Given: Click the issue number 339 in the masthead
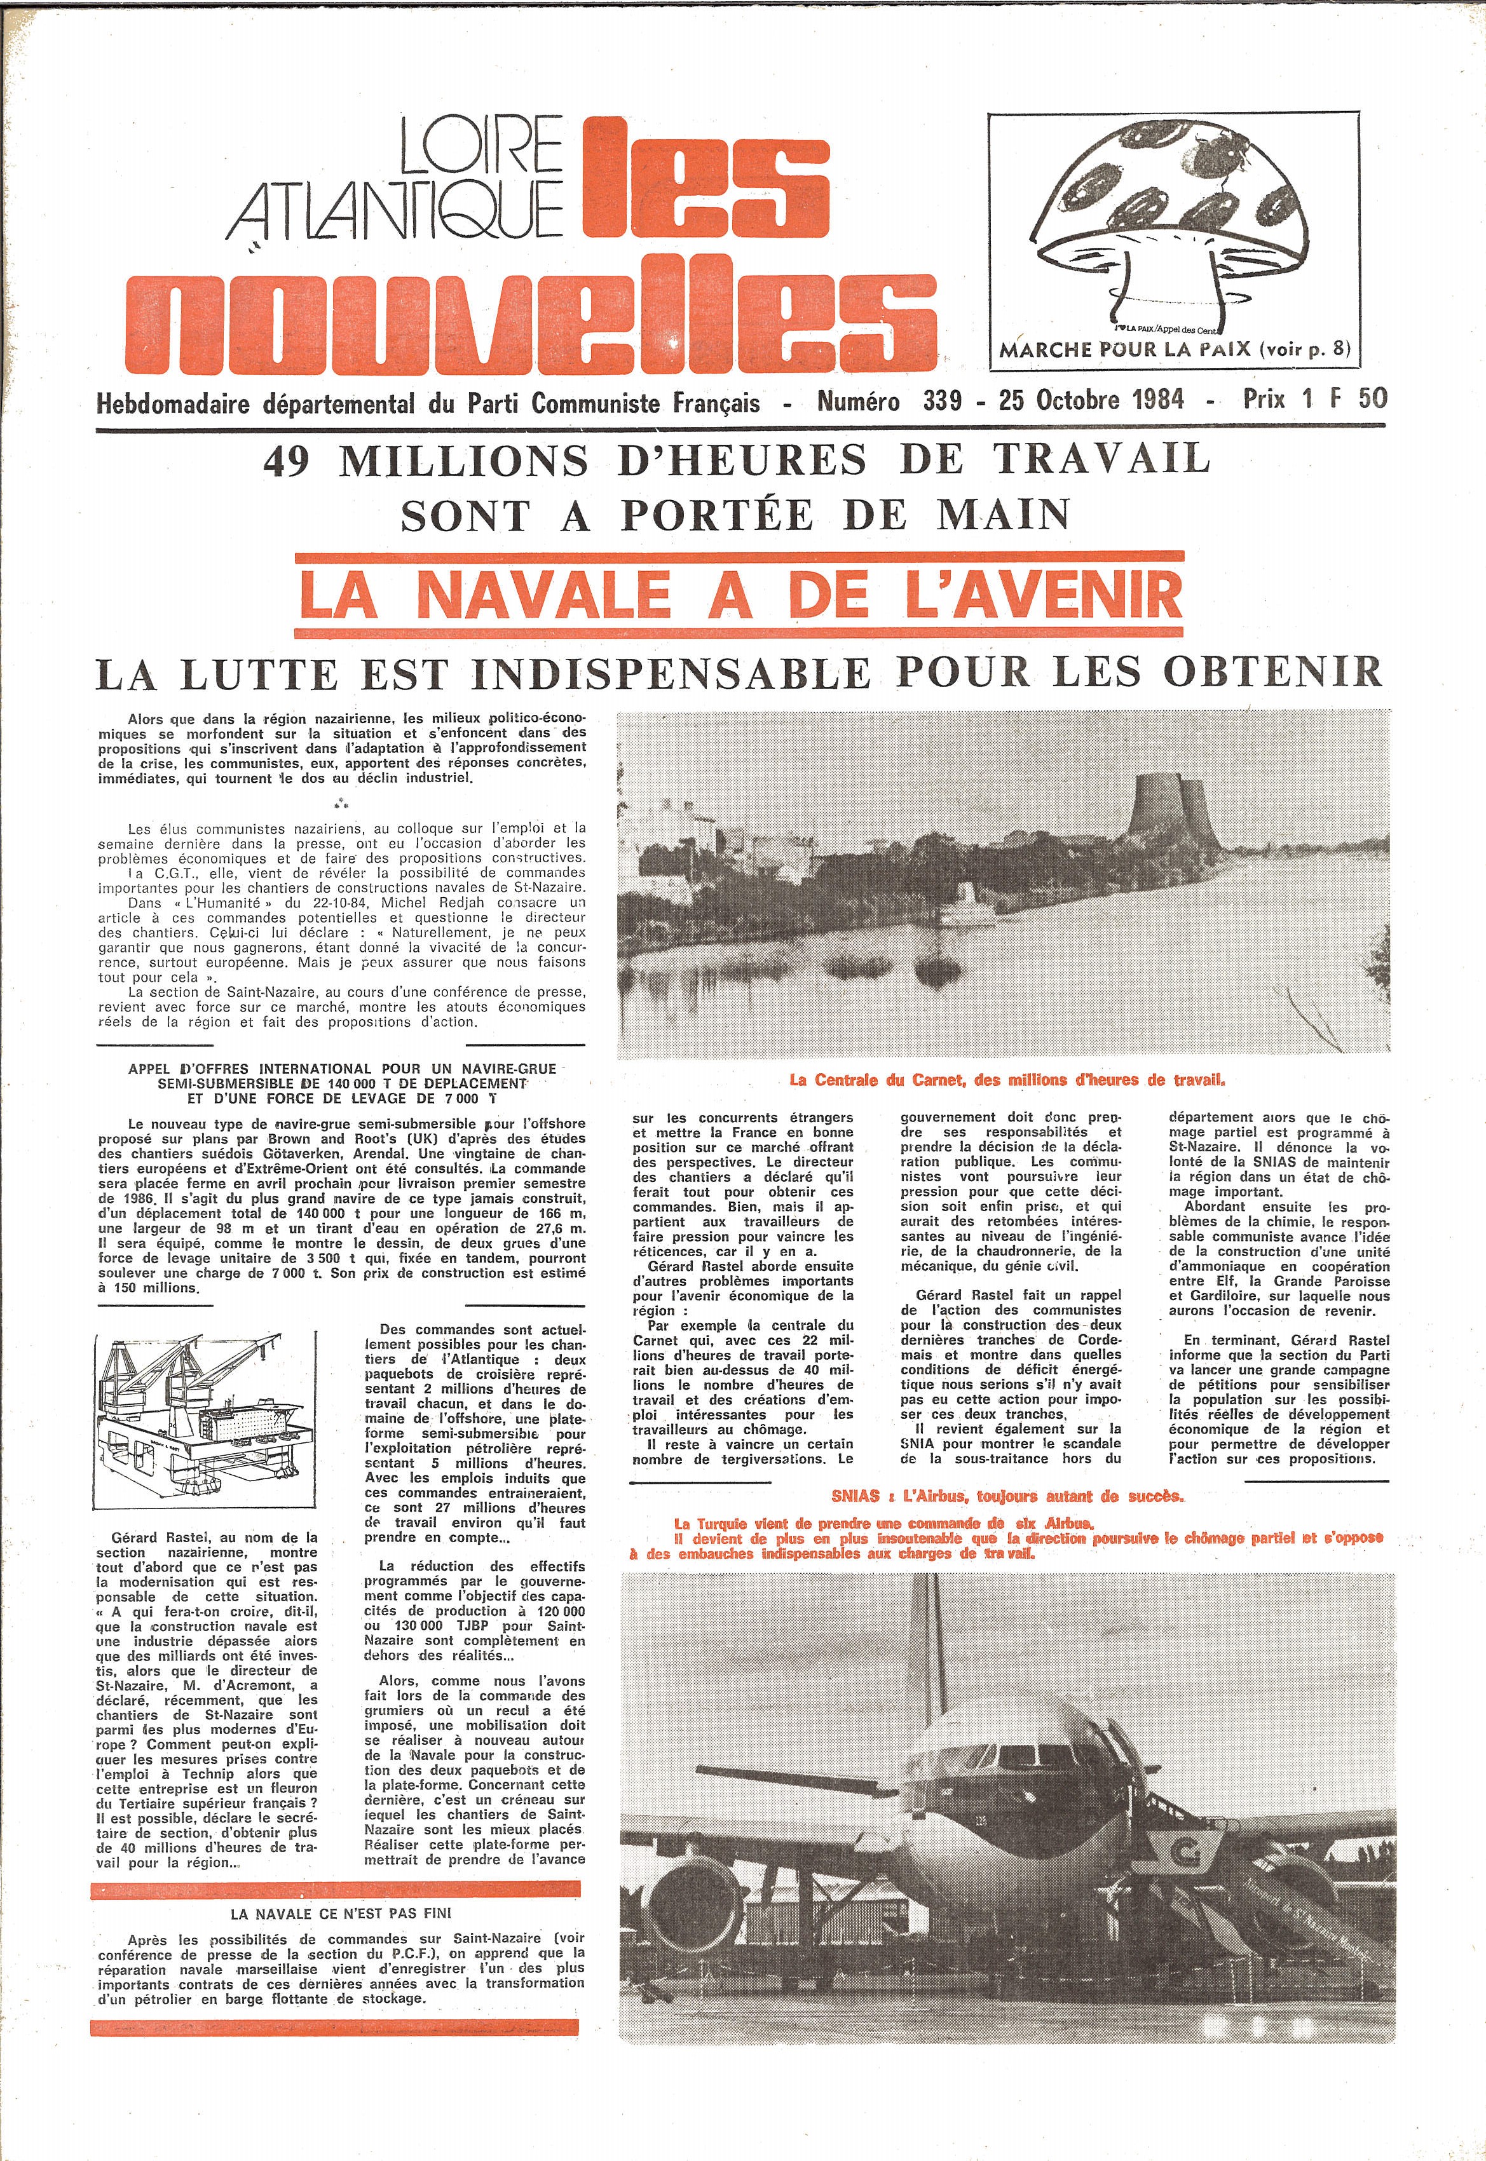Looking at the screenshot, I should pyautogui.click(x=942, y=400).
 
